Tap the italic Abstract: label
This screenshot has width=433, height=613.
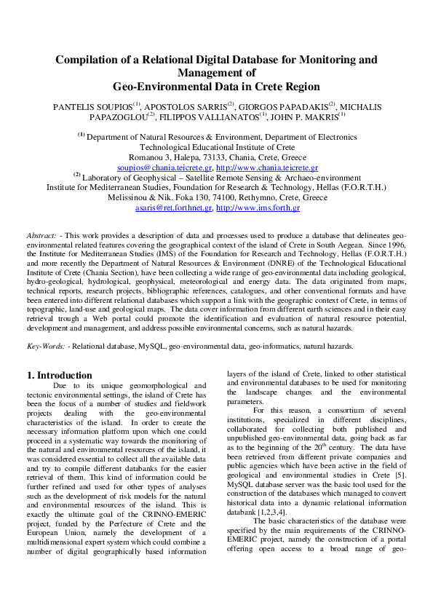[x=41, y=237]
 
